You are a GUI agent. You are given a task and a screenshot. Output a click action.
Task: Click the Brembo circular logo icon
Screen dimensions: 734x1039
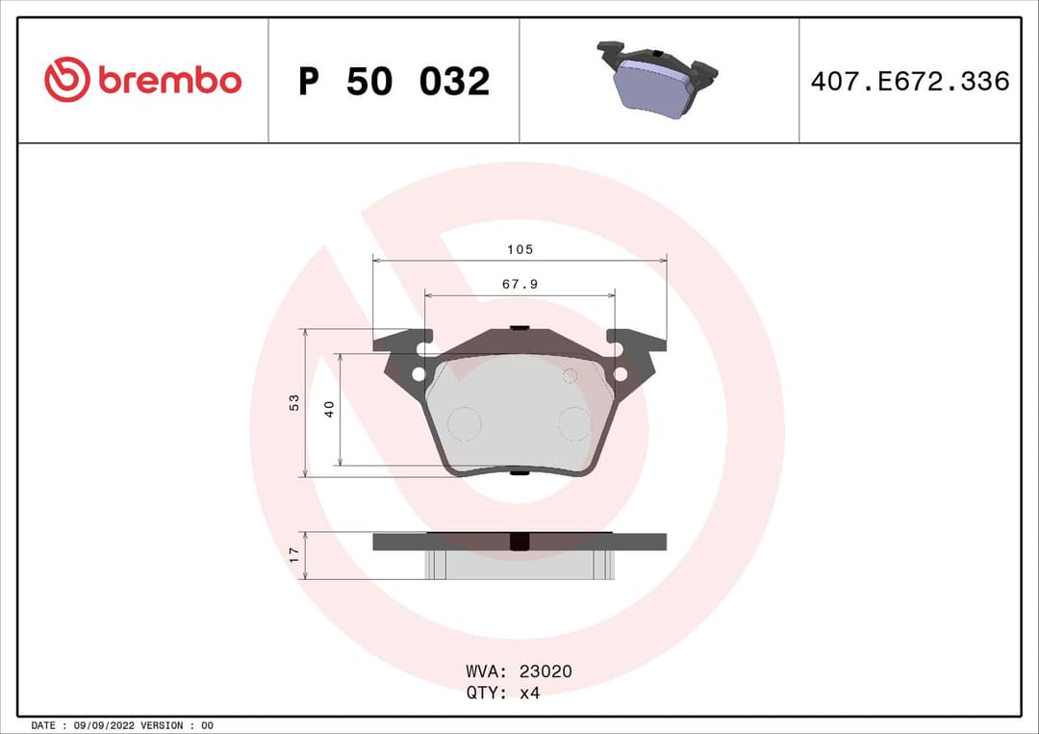[66, 80]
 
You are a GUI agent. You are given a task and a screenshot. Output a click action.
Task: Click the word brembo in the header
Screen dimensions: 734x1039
[169, 81]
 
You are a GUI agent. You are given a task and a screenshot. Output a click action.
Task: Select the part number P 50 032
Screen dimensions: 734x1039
[393, 82]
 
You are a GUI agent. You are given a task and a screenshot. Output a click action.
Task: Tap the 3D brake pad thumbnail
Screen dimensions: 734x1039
[657, 81]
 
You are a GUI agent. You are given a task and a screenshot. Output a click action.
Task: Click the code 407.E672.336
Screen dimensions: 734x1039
[909, 81]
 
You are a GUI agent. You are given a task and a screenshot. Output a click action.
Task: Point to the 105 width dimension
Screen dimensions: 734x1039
[519, 249]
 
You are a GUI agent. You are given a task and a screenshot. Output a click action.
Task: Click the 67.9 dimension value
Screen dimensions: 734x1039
[519, 284]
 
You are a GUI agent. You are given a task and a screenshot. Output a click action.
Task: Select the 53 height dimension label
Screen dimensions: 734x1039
[295, 402]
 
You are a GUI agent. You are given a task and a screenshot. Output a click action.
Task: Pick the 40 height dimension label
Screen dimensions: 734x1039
[329, 409]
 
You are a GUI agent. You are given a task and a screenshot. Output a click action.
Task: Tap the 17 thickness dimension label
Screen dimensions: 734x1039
[295, 555]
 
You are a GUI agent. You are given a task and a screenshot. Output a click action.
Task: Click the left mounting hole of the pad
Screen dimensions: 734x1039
[418, 374]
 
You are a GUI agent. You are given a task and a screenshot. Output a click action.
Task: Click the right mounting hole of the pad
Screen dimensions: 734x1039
[621, 374]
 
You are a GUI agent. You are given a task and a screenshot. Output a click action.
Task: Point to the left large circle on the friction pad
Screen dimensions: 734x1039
[465, 423]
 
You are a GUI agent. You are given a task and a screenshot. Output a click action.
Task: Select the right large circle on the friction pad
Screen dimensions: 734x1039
[575, 423]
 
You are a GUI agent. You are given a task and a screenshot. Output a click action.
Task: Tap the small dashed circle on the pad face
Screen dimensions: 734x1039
[570, 375]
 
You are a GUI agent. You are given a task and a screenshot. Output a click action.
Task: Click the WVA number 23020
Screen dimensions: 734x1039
[545, 671]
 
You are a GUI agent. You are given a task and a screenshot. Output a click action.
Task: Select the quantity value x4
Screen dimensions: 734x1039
[530, 694]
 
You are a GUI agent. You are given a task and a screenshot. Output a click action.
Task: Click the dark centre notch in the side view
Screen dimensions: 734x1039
[519, 542]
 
